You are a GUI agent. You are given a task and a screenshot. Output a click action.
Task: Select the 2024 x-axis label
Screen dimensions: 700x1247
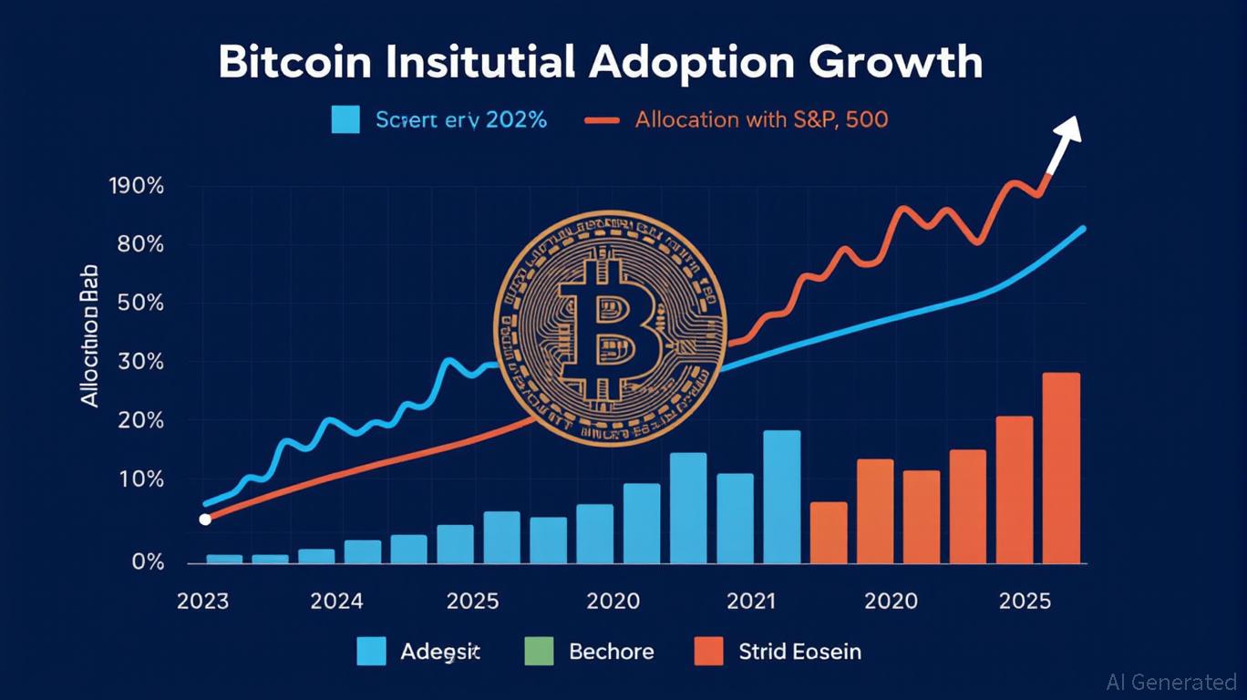(x=336, y=602)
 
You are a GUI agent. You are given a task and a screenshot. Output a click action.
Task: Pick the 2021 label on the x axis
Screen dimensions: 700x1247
(x=751, y=602)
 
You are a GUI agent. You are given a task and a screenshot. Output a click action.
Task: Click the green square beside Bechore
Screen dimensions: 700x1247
(x=540, y=652)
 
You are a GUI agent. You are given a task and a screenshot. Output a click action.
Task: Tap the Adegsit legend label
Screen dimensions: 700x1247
(x=440, y=652)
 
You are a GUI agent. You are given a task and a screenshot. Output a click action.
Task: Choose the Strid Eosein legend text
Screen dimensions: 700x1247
(x=799, y=652)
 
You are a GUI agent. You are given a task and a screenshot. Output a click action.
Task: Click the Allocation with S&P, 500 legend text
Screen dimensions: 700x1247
(x=761, y=119)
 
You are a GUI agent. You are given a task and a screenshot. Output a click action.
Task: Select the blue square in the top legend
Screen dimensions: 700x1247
(x=345, y=119)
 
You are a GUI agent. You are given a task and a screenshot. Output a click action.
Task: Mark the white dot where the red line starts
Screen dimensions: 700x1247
(x=205, y=520)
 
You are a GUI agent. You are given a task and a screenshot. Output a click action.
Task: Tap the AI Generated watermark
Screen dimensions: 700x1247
(x=1170, y=681)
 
